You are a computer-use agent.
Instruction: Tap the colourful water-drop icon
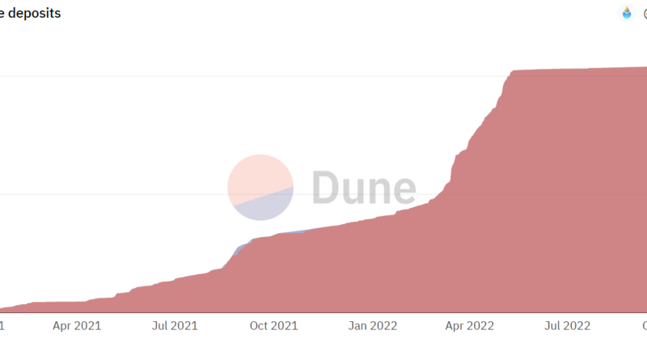627,13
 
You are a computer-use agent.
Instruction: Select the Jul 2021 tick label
175,326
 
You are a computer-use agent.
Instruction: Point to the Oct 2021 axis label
273,326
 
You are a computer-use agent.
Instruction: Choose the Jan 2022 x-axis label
373,326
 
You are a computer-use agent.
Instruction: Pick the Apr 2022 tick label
471,326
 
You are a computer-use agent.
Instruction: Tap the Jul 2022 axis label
566,326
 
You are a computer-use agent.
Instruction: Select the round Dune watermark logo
260,188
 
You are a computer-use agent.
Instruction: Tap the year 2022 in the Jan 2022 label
383,326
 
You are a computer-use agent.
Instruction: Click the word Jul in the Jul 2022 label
553,326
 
